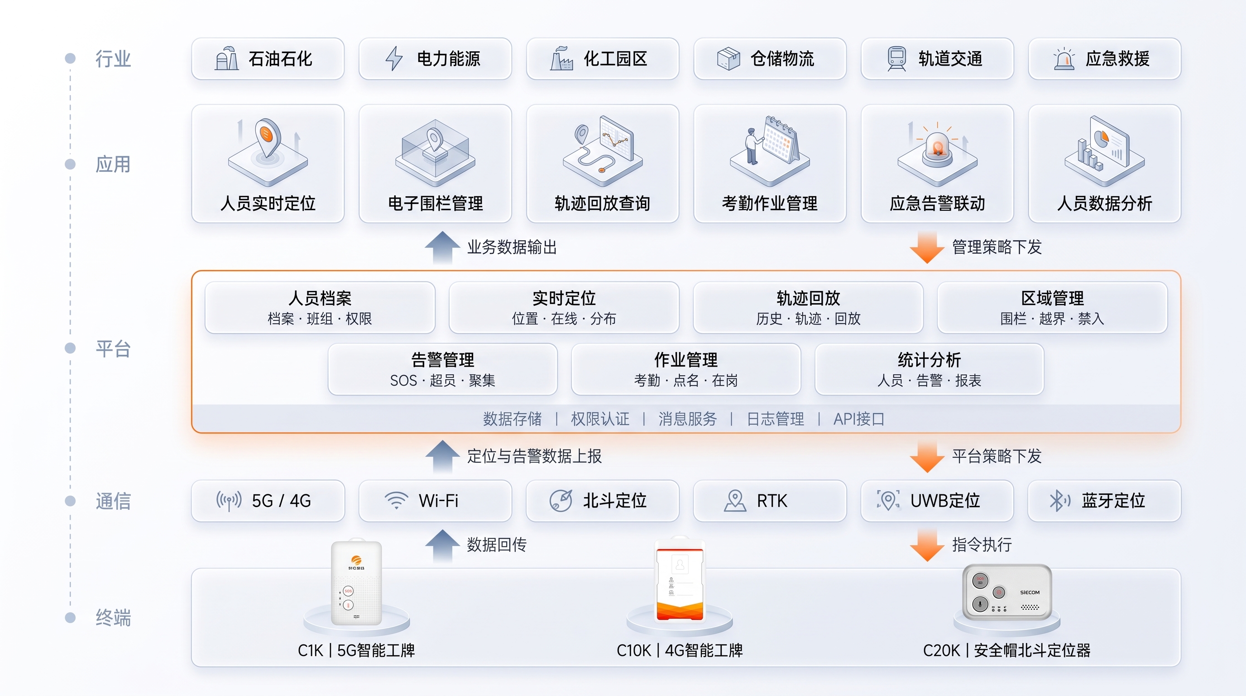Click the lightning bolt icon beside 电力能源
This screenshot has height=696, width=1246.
[x=394, y=58]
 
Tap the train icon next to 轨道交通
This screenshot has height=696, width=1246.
[x=896, y=58]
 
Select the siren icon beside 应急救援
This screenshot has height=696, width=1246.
[x=1064, y=59]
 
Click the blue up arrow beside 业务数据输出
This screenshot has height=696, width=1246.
[x=442, y=247]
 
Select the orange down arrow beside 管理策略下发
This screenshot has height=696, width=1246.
[x=927, y=247]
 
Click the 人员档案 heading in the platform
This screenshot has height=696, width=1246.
[x=320, y=298]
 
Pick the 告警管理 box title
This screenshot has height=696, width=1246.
[x=443, y=360]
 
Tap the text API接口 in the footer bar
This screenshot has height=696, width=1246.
[x=858, y=419]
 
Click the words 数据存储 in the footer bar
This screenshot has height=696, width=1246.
[x=512, y=419]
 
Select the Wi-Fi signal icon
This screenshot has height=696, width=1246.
[x=396, y=500]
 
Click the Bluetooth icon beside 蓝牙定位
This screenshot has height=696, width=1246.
[x=1059, y=500]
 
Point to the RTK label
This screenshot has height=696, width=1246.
[x=772, y=500]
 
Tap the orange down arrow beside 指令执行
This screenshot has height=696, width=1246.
[x=927, y=545]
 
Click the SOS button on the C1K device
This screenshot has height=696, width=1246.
[x=348, y=591]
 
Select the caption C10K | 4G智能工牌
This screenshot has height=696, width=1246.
[x=680, y=650]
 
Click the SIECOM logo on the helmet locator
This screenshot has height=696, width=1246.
[x=1030, y=592]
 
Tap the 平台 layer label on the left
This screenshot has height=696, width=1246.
[x=113, y=348]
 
